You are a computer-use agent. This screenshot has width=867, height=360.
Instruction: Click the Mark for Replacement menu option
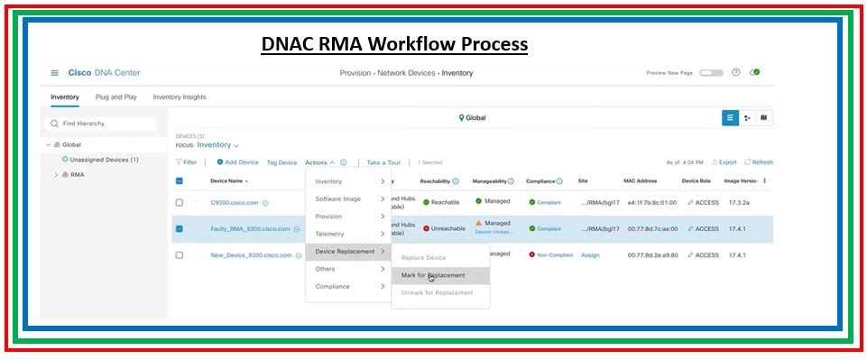pos(434,275)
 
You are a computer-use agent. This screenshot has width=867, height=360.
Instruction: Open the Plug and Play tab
pos(115,97)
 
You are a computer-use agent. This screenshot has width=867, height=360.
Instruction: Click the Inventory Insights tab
pos(179,97)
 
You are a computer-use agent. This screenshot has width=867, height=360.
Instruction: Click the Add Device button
pos(237,162)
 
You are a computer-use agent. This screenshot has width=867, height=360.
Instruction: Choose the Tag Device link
pos(281,162)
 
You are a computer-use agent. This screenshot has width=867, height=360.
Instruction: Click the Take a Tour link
pos(383,162)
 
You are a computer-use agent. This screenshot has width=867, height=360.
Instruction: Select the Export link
pos(724,162)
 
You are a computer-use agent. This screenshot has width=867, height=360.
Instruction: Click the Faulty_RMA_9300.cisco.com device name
pos(250,228)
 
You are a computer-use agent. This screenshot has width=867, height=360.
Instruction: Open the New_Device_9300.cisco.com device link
pos(251,255)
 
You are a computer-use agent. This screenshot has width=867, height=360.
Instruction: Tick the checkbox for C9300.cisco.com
pos(180,203)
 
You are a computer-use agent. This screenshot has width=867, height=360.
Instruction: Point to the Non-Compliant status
pos(551,255)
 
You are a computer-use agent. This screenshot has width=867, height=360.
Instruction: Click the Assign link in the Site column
pos(590,255)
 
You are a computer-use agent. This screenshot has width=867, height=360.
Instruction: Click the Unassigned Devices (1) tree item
pos(103,160)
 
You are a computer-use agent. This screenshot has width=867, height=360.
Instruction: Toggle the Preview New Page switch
pos(711,73)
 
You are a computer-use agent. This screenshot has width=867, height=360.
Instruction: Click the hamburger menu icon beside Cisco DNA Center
pos(54,73)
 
